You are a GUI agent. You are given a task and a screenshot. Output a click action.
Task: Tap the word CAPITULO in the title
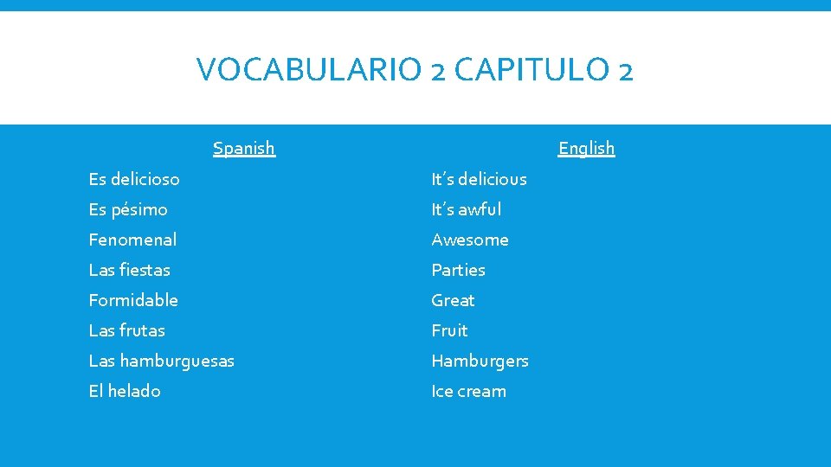(x=529, y=69)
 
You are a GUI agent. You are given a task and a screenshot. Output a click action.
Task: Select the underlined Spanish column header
(x=244, y=148)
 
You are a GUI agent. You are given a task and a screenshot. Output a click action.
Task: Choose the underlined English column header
(x=586, y=148)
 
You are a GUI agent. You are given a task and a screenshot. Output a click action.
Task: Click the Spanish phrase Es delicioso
(x=134, y=179)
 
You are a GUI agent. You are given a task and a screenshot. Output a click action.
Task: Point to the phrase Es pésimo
(x=128, y=209)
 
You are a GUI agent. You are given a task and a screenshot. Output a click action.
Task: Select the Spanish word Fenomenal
(x=132, y=240)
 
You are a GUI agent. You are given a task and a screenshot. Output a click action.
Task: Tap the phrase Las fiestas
(x=130, y=270)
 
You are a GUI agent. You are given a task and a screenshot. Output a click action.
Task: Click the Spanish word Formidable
(x=133, y=300)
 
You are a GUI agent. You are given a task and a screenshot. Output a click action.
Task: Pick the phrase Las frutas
(x=126, y=330)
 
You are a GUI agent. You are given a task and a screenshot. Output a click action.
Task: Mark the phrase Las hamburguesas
(x=161, y=361)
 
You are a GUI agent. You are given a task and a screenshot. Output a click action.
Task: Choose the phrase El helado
(x=125, y=391)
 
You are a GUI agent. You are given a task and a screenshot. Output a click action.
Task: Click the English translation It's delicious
(x=479, y=179)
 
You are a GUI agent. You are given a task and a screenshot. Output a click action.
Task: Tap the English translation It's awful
(x=466, y=209)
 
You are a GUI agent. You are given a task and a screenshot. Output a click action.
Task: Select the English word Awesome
(x=470, y=240)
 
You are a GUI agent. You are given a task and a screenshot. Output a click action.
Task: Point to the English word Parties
(x=459, y=270)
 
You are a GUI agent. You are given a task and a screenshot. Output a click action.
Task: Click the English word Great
(x=454, y=300)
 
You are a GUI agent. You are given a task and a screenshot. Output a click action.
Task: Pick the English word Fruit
(x=450, y=330)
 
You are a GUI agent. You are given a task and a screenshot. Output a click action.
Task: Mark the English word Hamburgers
(x=480, y=361)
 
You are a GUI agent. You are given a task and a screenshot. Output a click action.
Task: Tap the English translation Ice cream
(x=469, y=391)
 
